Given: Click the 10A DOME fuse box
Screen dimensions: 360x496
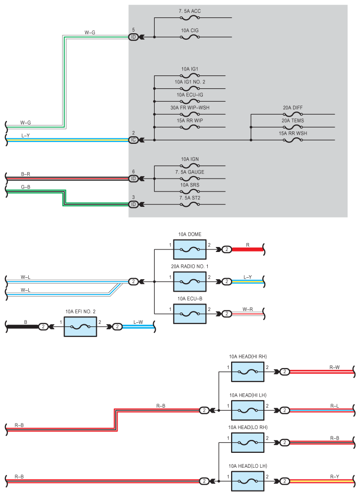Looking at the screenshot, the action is pyautogui.click(x=190, y=249).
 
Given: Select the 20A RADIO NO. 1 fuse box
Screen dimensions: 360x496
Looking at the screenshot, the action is pyautogui.click(x=190, y=282).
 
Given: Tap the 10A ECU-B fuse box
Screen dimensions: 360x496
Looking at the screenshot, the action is pyautogui.click(x=190, y=314).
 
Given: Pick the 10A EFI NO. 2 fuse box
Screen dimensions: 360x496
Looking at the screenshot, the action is pyautogui.click(x=80, y=327).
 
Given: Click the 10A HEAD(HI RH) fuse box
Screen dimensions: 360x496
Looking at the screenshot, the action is pyautogui.click(x=248, y=372).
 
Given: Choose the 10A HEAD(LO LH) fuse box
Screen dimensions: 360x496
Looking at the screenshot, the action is pyautogui.click(x=248, y=481).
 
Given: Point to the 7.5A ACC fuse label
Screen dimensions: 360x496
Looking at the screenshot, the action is pyautogui.click(x=189, y=11).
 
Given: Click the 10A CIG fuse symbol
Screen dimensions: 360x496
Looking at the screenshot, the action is pyautogui.click(x=190, y=37).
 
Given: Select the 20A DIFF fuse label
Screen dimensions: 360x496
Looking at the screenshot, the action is pyautogui.click(x=293, y=108).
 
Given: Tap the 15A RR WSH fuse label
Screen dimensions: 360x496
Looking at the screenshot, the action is pyautogui.click(x=293, y=133).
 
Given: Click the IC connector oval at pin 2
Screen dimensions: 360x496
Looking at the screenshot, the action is pyautogui.click(x=133, y=140).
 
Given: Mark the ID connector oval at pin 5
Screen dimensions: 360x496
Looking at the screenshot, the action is pyautogui.click(x=133, y=37).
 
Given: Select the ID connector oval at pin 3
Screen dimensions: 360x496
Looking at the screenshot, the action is pyautogui.click(x=133, y=204).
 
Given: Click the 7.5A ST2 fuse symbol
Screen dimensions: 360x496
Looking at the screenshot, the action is pyautogui.click(x=190, y=204).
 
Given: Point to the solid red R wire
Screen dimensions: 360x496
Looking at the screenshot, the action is pyautogui.click(x=247, y=249).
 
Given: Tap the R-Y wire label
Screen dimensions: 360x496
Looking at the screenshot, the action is pyautogui.click(x=334, y=477).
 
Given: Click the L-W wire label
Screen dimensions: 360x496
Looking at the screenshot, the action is pyautogui.click(x=138, y=322).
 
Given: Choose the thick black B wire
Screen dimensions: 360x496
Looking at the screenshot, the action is pyautogui.click(x=23, y=327).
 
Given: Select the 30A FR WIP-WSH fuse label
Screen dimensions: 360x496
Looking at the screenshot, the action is pyautogui.click(x=190, y=108).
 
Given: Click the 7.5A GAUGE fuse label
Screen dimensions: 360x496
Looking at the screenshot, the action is pyautogui.click(x=190, y=172).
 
